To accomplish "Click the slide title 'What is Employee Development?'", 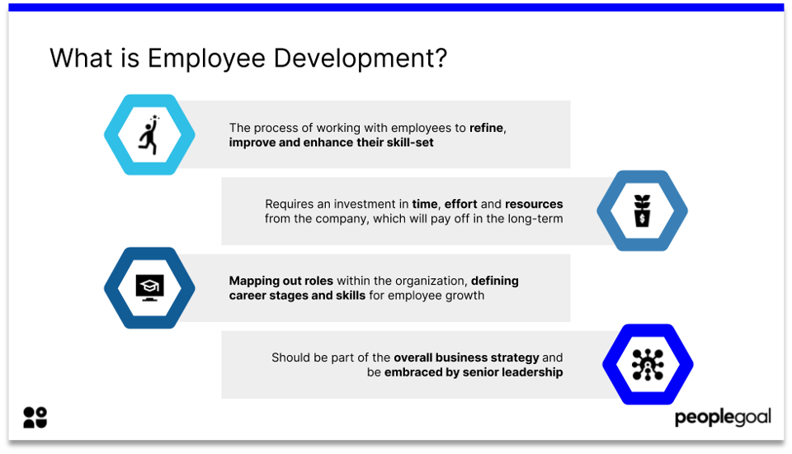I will (247, 59).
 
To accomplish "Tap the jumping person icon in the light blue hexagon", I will (149, 135).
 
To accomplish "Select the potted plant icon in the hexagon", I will (642, 211).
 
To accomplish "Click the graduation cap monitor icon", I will (149, 287).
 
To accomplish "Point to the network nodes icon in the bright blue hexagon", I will (648, 365).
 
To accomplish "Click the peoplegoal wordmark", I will (723, 418).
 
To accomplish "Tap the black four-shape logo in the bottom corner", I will (35, 418).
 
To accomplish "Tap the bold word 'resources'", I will (534, 204).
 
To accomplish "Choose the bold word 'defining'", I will (495, 281).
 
